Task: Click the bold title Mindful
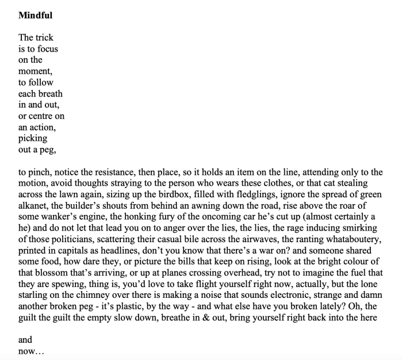(x=35, y=16)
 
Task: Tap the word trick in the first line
(x=44, y=38)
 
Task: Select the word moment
(x=35, y=71)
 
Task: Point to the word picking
(x=33, y=139)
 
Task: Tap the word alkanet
(x=34, y=205)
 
